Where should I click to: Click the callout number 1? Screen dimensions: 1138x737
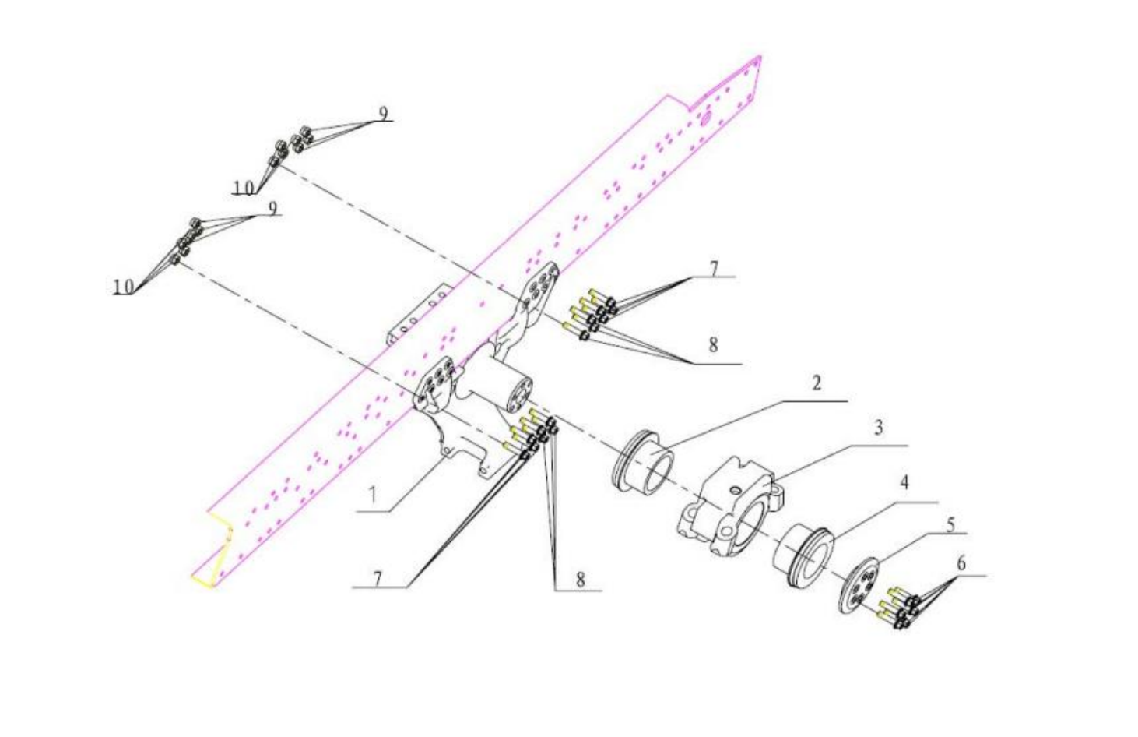(373, 495)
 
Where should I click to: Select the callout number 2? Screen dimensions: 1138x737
(817, 383)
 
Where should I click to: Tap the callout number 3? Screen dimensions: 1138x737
(878, 428)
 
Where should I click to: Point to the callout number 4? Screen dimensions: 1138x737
(904, 483)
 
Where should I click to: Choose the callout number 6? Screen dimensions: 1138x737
(961, 564)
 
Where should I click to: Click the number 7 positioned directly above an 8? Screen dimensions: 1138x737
(715, 269)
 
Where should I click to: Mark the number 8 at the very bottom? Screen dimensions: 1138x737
(581, 579)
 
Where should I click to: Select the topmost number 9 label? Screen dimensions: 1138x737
(384, 113)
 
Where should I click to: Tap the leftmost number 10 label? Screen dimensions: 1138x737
(124, 287)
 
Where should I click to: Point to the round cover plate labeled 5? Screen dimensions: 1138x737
(858, 586)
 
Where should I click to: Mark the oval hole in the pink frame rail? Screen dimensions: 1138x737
(705, 121)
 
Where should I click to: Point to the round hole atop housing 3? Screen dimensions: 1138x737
(732, 490)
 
